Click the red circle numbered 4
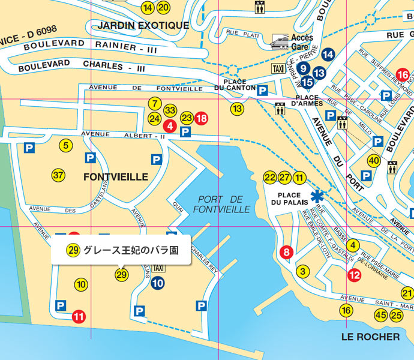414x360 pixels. pyautogui.click(x=170, y=126)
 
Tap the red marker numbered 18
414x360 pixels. pyautogui.click(x=201, y=118)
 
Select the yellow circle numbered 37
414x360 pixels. pyautogui.click(x=58, y=176)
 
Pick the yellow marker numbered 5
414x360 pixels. pyautogui.click(x=66, y=145)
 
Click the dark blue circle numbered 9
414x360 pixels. pyautogui.click(x=304, y=68)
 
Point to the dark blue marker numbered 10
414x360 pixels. pyautogui.click(x=158, y=283)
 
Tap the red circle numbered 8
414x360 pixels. pyautogui.click(x=287, y=252)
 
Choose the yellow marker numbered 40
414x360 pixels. pyautogui.click(x=374, y=160)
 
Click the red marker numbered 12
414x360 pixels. pyautogui.click(x=354, y=275)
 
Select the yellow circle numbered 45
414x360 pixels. pyautogui.click(x=380, y=315)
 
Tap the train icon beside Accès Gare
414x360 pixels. pyautogui.click(x=280, y=41)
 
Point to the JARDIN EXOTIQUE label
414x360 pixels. pyautogui.click(x=143, y=25)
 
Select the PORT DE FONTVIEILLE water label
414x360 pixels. pyautogui.click(x=221, y=204)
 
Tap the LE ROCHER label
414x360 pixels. pyautogui.click(x=370, y=337)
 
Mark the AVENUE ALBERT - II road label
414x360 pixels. pyautogui.click(x=123, y=135)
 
